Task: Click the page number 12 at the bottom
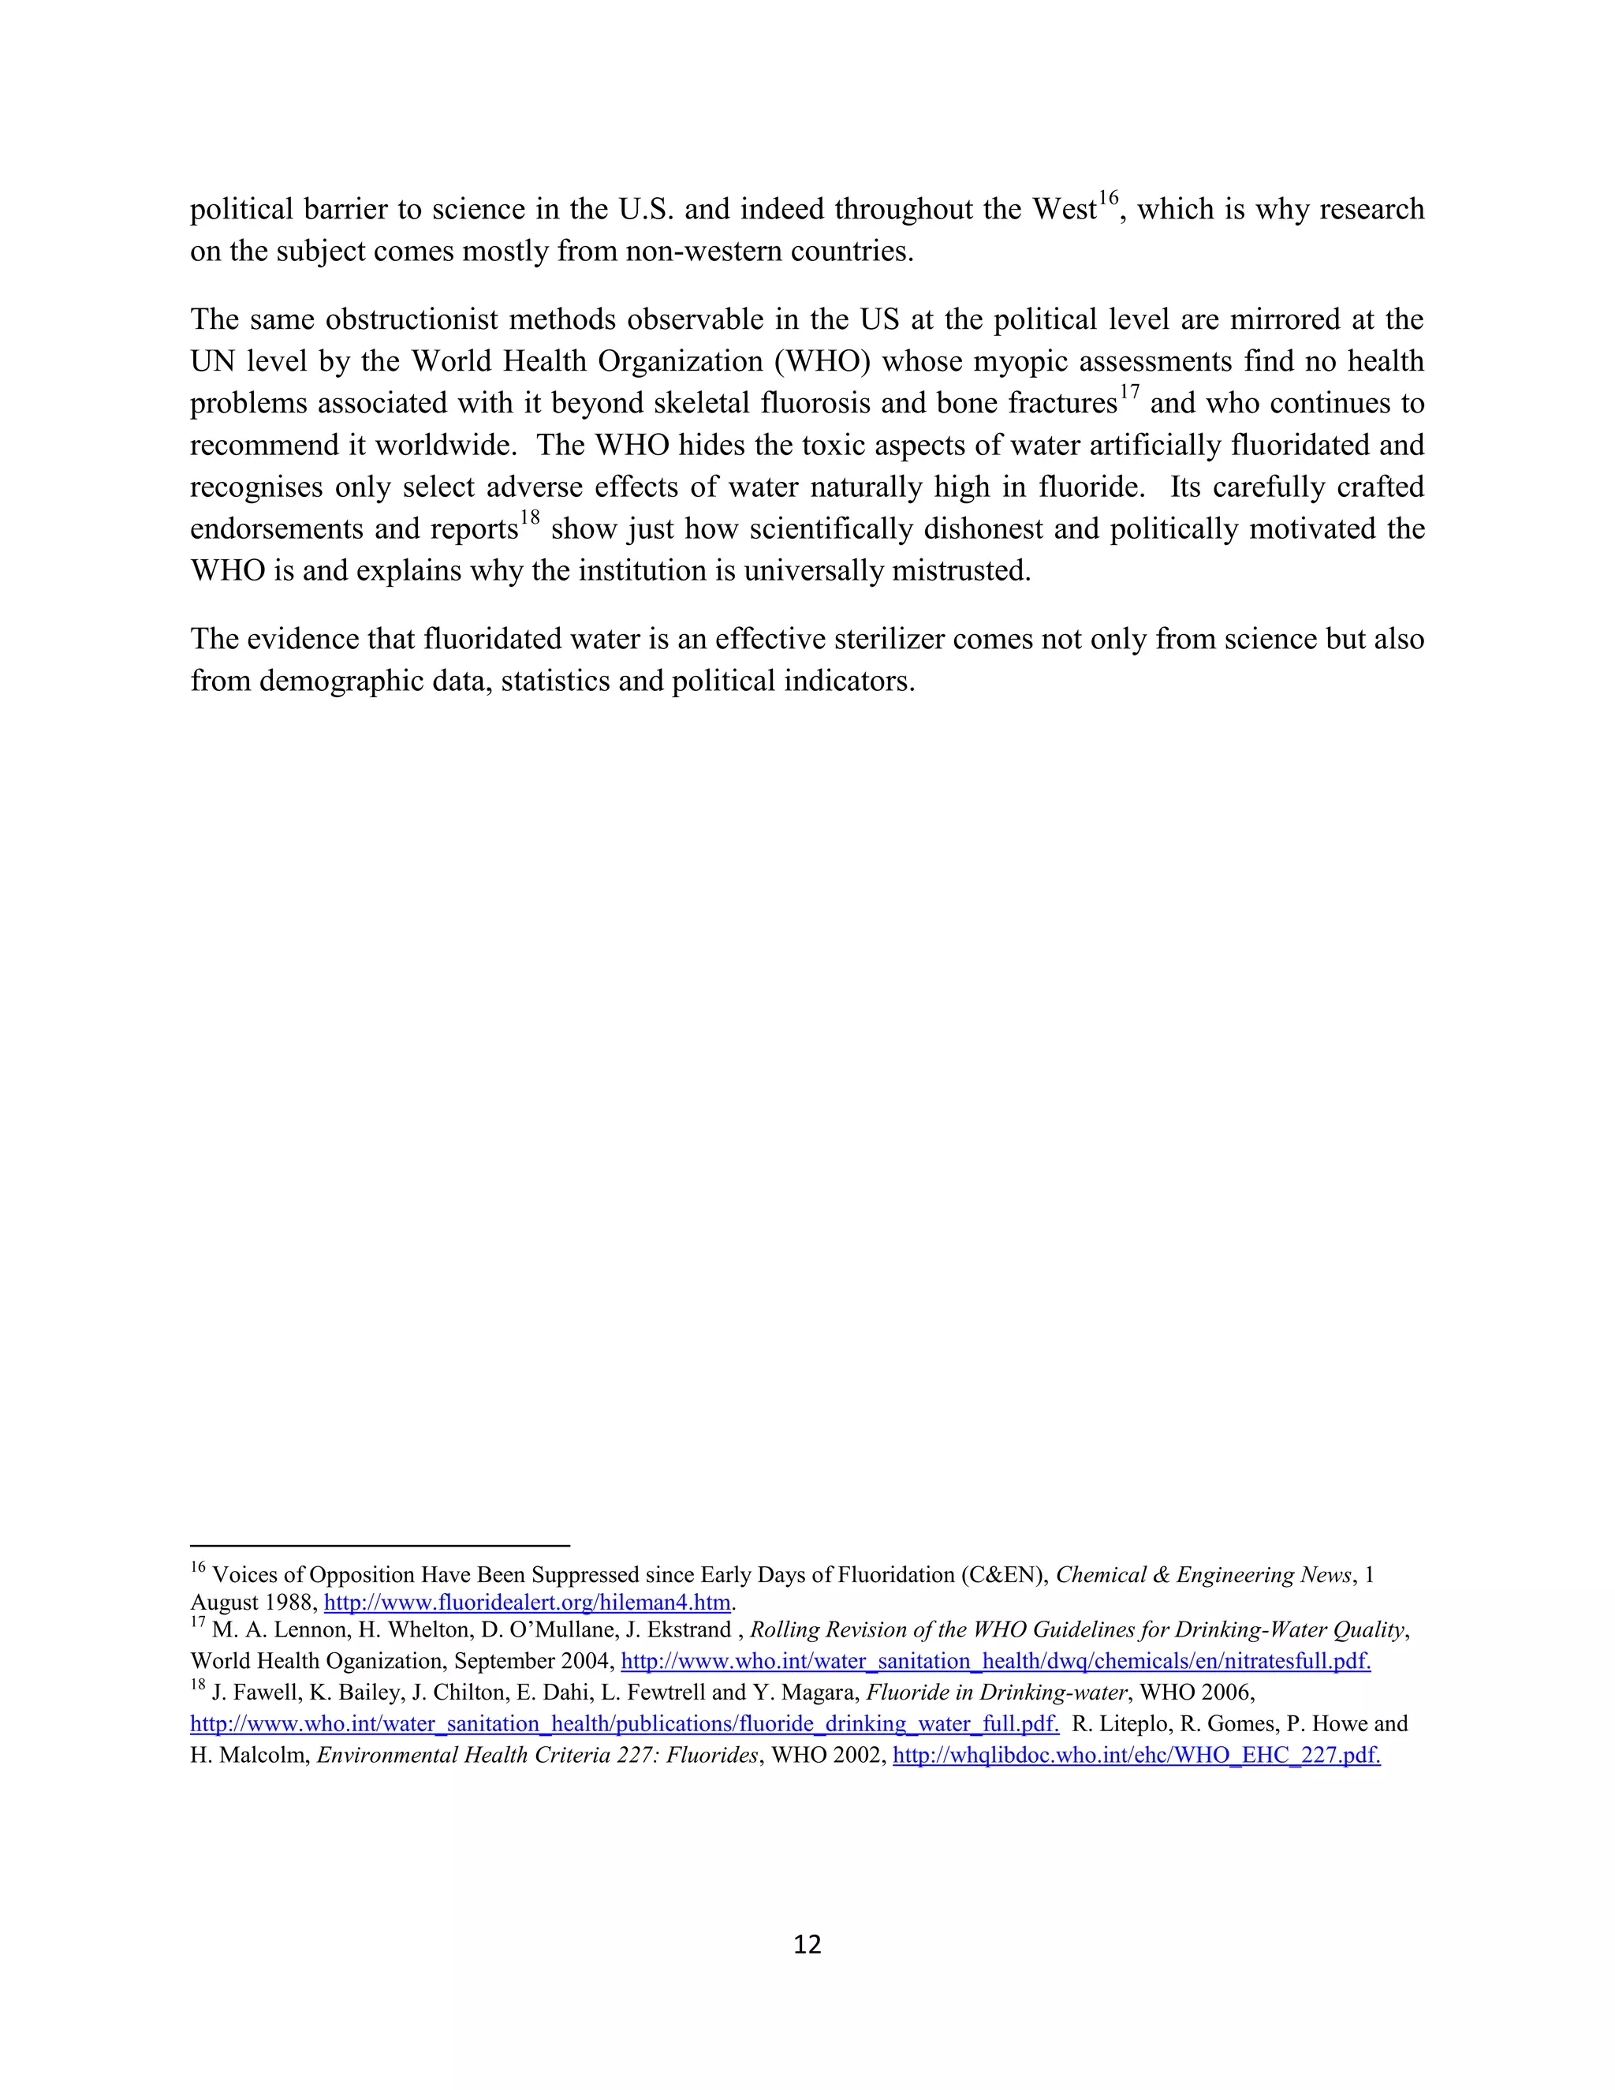(x=807, y=1943)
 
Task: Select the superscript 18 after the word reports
(x=529, y=520)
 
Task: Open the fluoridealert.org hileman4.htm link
(x=528, y=1602)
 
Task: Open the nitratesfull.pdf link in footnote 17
(x=995, y=1660)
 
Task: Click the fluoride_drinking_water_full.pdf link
(x=624, y=1723)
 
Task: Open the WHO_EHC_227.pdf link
(x=1136, y=1755)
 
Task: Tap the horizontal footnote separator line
(x=380, y=1544)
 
